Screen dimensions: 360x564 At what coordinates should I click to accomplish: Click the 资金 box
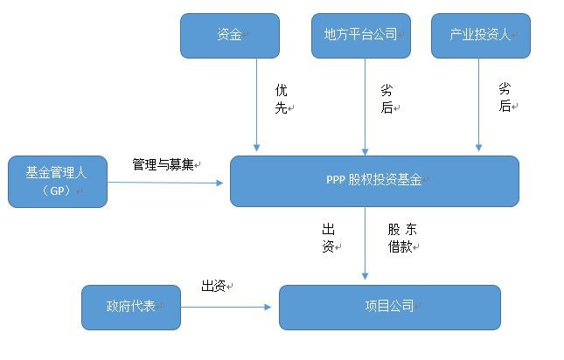(230, 36)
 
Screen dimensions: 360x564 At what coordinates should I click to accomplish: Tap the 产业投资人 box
(481, 36)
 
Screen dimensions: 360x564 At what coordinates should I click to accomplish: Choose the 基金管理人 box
(57, 182)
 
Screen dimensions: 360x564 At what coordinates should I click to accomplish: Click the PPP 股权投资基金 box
(374, 181)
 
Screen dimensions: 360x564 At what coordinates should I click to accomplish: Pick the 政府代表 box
(130, 307)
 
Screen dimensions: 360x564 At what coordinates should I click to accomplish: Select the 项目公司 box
(389, 307)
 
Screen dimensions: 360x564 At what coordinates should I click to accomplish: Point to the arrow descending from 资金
(257, 105)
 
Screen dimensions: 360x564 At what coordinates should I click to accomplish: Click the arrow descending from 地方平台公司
(363, 105)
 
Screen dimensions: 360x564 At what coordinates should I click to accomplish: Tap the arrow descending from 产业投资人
(477, 105)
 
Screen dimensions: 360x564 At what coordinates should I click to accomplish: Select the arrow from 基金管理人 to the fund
(166, 183)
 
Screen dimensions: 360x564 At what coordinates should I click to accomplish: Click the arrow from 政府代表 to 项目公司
(227, 307)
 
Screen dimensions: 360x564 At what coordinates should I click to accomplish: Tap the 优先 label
(282, 99)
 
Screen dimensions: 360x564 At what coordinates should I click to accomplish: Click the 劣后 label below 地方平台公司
(386, 99)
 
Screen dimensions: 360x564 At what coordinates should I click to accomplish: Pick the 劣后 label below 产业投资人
(505, 97)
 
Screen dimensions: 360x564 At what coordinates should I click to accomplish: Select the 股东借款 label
(402, 238)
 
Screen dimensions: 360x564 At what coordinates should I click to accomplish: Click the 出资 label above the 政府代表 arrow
(215, 286)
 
